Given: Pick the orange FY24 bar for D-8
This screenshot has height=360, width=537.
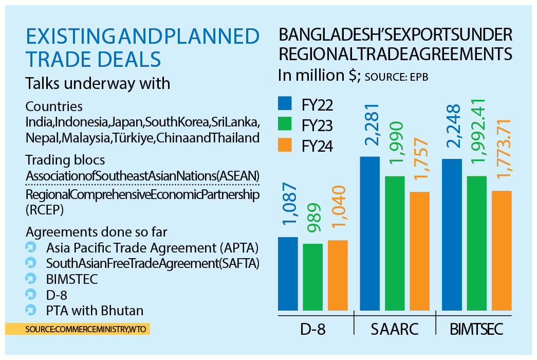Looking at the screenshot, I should (338, 275).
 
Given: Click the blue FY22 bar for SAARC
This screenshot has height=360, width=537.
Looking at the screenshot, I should (369, 233).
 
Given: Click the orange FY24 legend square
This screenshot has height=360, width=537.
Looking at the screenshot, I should (285, 146).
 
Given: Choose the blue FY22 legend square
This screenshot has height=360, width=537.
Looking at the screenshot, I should (285, 104).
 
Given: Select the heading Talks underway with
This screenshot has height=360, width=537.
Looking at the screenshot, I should (98, 83).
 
